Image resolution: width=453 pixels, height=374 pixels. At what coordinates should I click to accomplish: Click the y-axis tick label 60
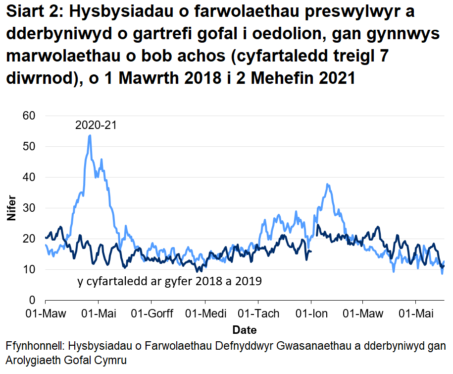point(30,116)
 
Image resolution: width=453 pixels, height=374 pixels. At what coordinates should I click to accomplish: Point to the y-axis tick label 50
point(30,146)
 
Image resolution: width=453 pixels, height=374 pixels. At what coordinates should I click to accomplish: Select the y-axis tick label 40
point(30,177)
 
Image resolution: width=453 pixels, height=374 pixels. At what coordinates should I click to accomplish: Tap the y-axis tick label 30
point(30,208)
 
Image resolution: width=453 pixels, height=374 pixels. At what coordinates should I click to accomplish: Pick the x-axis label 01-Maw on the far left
point(45,313)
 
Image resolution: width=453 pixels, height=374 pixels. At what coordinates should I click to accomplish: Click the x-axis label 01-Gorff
point(151,313)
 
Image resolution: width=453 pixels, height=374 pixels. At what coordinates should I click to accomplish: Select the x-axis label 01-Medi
point(204,313)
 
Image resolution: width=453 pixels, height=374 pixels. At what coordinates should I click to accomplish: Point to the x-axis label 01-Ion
point(311,313)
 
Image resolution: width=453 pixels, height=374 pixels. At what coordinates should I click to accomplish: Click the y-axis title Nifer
point(11,208)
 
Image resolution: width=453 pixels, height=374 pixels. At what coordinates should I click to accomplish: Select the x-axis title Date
point(244,330)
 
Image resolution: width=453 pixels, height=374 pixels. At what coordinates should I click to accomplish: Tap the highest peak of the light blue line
point(90,135)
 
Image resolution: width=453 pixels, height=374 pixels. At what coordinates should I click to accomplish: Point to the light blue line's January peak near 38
point(327,184)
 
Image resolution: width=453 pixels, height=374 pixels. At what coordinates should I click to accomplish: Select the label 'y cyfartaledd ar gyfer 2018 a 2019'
point(169,282)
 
